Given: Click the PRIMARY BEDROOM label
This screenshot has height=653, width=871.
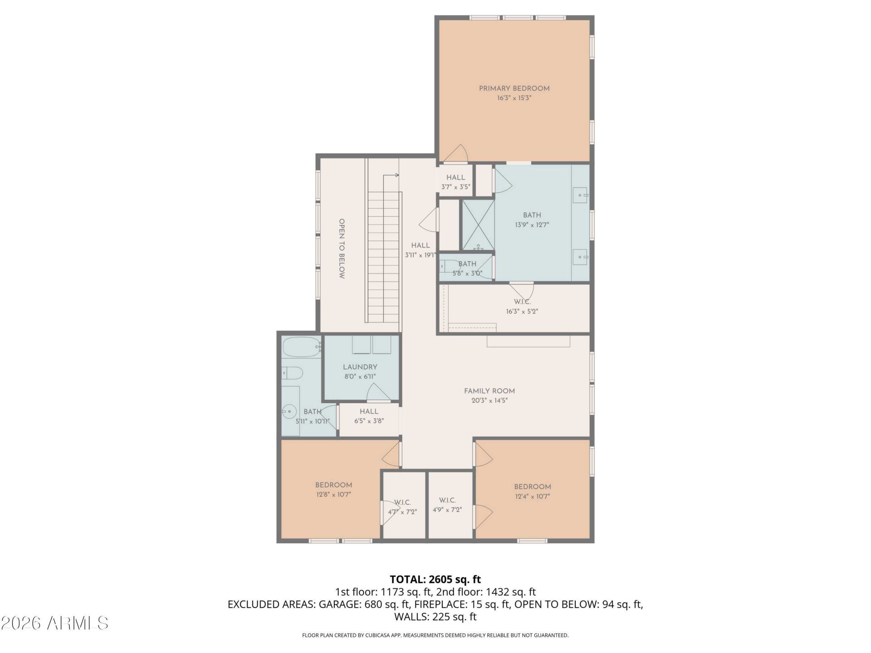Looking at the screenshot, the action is [x=514, y=88].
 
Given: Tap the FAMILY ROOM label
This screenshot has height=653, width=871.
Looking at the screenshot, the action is [x=489, y=391].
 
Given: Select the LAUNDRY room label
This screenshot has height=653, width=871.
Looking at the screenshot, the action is [x=360, y=367].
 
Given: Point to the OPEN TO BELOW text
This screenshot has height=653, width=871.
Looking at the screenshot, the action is [x=342, y=249].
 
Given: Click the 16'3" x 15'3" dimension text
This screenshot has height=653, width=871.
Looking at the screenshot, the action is [x=514, y=97].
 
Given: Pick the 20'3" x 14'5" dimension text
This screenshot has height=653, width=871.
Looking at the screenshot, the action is [x=489, y=400].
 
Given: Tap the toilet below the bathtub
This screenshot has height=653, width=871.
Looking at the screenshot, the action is [x=292, y=373].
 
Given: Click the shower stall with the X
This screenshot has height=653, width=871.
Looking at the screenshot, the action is [x=478, y=225].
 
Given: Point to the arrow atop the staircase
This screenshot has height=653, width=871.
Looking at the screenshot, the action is [x=391, y=175].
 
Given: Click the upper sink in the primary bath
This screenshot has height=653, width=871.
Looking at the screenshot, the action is [x=580, y=195].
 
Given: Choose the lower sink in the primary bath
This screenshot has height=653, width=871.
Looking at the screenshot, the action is [x=580, y=257].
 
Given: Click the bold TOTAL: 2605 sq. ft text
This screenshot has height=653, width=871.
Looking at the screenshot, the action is [x=435, y=579].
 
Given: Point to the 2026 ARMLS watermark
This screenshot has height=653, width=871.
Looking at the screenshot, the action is [x=54, y=623].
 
